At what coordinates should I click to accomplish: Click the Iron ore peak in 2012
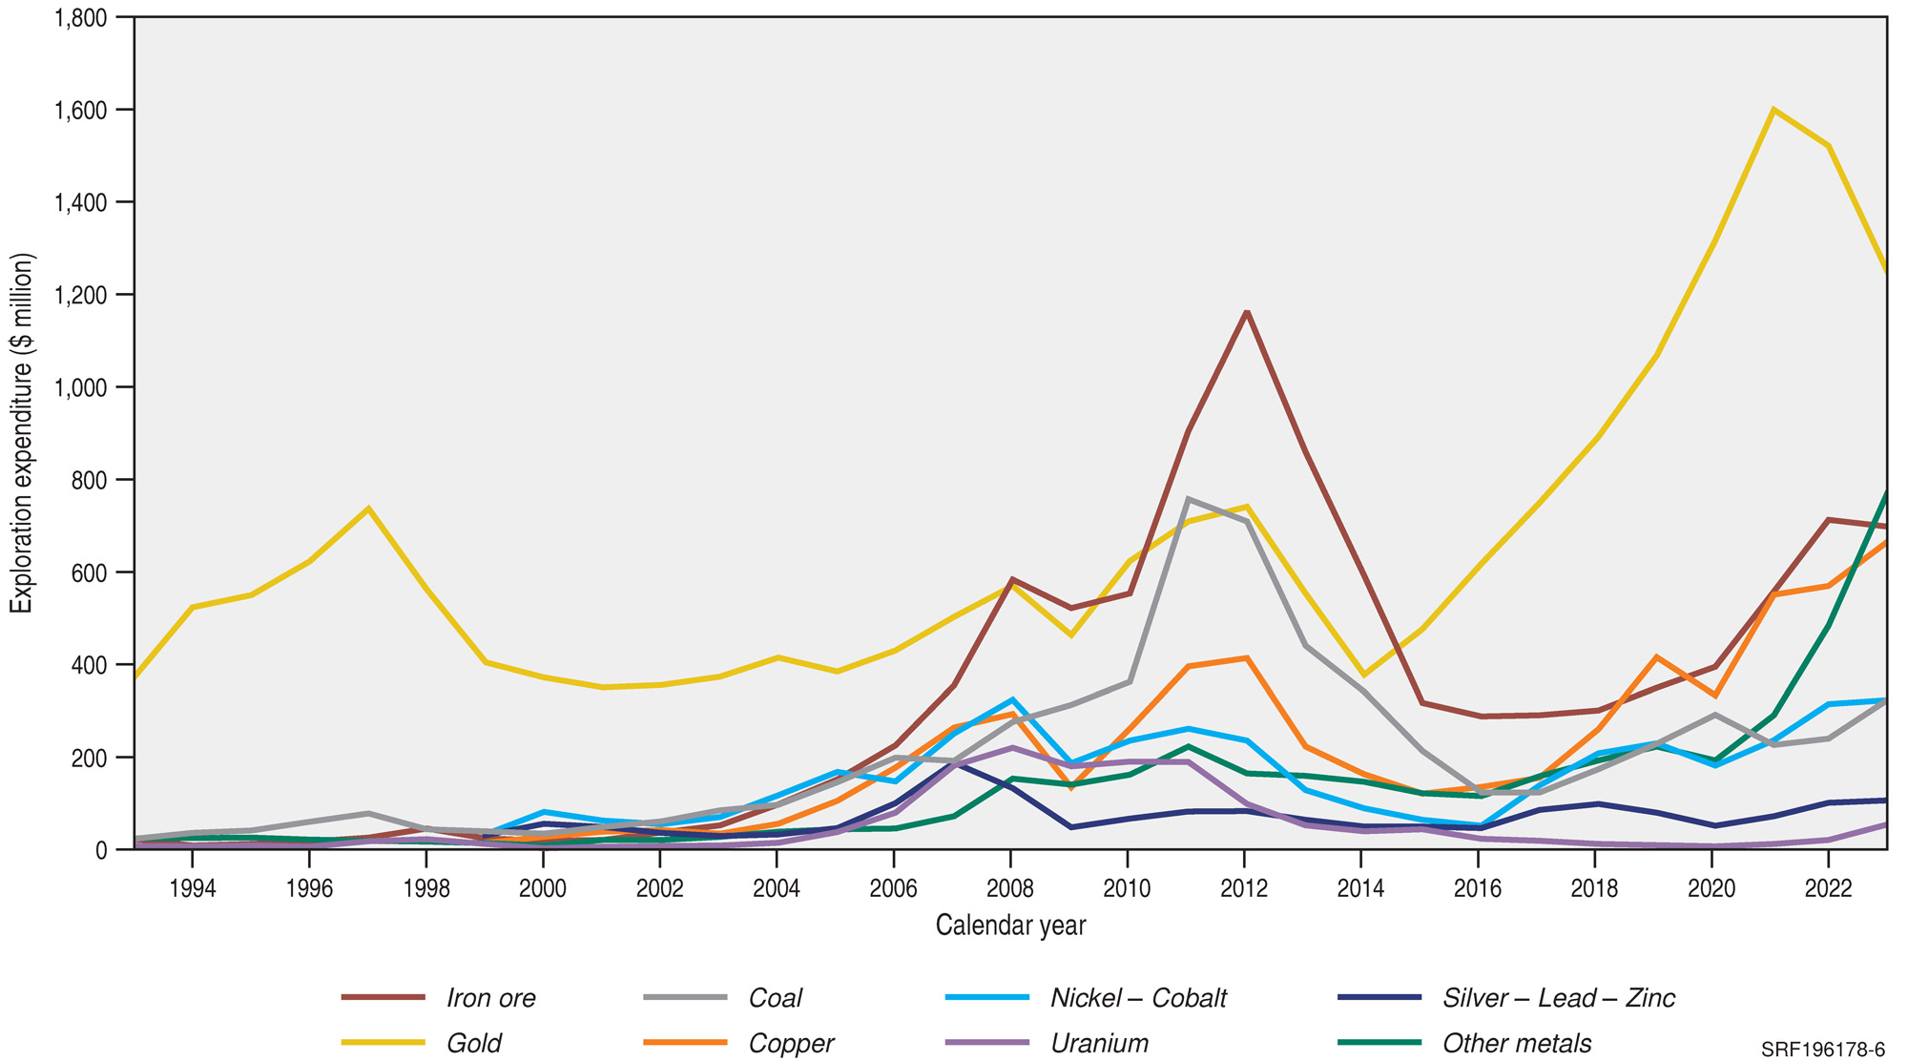coord(1246,312)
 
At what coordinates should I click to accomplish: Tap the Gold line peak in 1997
coord(368,508)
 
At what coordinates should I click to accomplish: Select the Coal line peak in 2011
coord(1188,498)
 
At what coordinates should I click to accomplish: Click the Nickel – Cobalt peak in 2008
coord(1011,699)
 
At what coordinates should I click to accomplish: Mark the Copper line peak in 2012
coord(1246,657)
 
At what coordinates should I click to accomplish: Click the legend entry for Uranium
coord(1099,1043)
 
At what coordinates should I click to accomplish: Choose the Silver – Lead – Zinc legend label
coord(1558,998)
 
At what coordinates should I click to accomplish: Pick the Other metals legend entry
coord(1516,1043)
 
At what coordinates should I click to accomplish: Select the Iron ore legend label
coord(490,998)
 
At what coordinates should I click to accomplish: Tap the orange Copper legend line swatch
coord(684,1043)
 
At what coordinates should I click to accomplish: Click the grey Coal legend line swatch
coord(684,998)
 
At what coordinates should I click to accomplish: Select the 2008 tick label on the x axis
coord(1010,889)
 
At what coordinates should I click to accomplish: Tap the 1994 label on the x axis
coord(193,889)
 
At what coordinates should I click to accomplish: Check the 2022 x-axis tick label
coord(1828,889)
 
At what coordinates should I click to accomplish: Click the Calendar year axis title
coord(1010,926)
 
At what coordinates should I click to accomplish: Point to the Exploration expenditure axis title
coord(22,433)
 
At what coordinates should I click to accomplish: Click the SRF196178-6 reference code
coord(1823,1050)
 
